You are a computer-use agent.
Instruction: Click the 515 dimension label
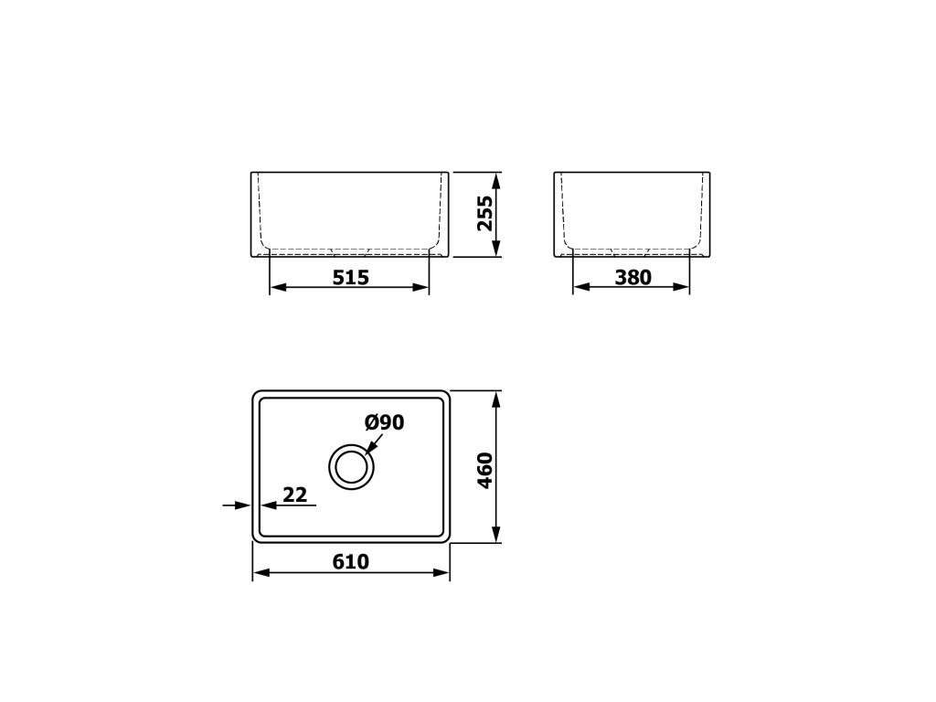point(350,278)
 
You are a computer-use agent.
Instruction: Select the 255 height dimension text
point(485,213)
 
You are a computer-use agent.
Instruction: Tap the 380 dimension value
point(633,278)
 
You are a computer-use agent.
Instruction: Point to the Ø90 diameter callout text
point(385,422)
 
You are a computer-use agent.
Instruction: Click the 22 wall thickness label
point(295,495)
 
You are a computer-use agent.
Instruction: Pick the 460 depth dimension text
point(485,471)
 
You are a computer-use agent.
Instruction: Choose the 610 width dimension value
point(350,562)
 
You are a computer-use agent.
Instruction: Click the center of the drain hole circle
point(351,467)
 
